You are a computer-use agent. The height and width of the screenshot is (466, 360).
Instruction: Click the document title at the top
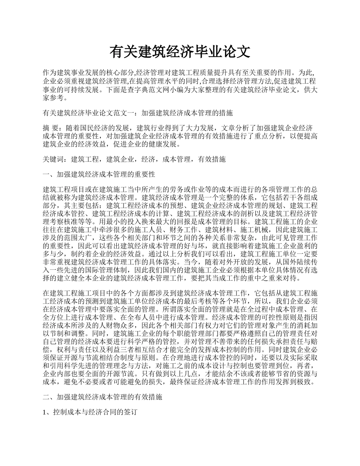point(180,52)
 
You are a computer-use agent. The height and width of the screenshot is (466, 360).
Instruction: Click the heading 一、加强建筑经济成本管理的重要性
point(99,175)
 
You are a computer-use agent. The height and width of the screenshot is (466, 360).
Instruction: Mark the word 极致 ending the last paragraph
point(307,382)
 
